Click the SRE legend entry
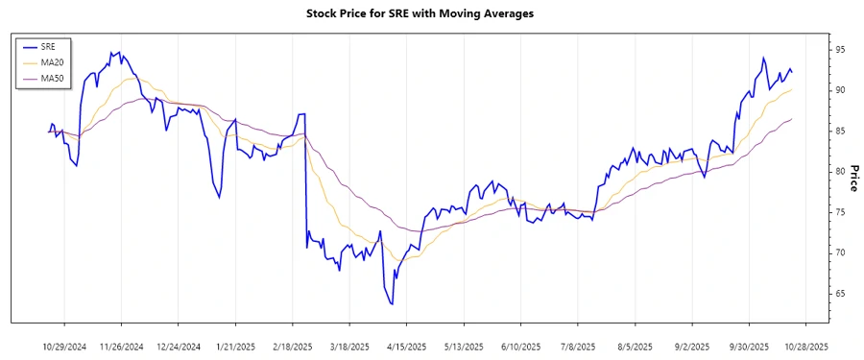[x=48, y=46]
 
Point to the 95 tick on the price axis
[x=839, y=49]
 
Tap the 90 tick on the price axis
[x=839, y=89]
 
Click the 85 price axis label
[x=839, y=131]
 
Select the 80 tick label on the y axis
[x=839, y=171]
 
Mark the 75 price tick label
[x=839, y=212]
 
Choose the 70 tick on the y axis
[x=839, y=252]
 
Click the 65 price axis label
[x=839, y=294]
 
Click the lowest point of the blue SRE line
[x=392, y=304]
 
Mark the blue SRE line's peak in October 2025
[x=763, y=58]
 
